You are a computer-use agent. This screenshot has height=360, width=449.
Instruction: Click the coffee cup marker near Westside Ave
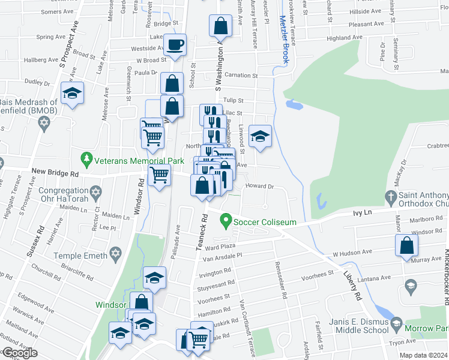pos(175,45)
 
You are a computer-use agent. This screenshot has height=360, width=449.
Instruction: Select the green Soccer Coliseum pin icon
pos(226,221)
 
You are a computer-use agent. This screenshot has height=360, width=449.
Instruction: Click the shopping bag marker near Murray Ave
pos(407,245)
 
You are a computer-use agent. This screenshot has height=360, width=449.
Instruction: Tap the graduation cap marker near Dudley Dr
pos(73,94)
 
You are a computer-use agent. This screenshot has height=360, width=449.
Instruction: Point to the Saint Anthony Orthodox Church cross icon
pos(390,196)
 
